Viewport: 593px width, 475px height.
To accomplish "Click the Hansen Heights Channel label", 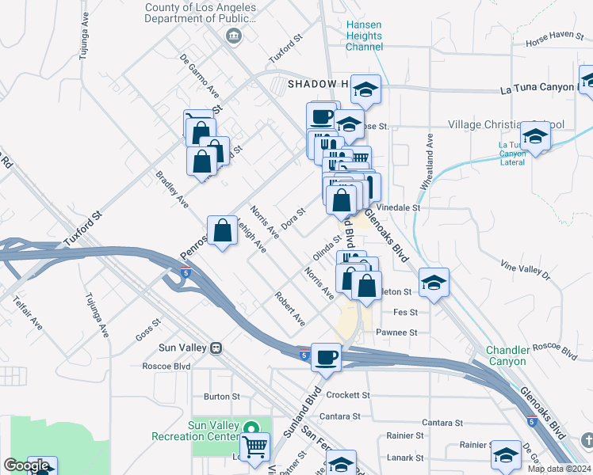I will [x=364, y=36].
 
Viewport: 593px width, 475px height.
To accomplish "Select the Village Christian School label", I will [x=506, y=125].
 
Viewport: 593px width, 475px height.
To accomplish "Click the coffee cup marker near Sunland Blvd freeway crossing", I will [x=326, y=358].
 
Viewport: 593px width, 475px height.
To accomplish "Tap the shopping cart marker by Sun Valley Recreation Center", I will [x=254, y=447].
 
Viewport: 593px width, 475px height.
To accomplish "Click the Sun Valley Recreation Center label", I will [x=213, y=430].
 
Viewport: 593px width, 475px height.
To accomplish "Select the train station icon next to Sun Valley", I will [x=215, y=348].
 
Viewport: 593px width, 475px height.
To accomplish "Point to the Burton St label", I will [x=221, y=396].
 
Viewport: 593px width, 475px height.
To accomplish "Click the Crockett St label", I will [x=348, y=394].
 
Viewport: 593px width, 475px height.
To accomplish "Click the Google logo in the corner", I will [x=25, y=465].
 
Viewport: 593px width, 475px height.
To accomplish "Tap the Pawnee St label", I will [x=396, y=332].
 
